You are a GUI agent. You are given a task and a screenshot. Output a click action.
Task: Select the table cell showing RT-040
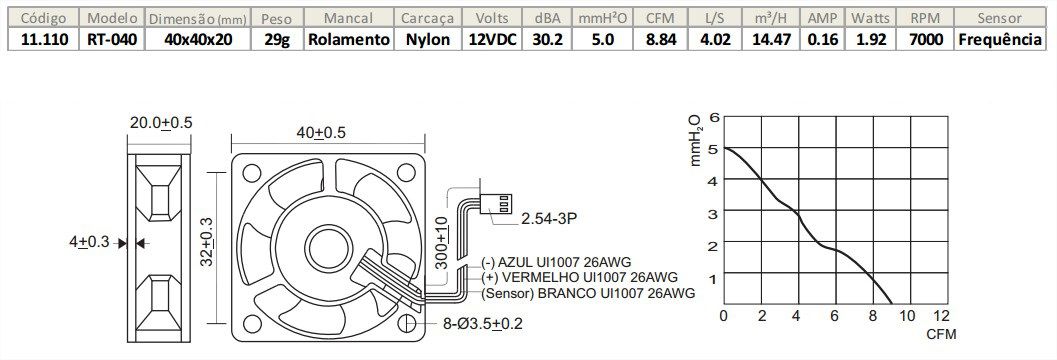(112, 39)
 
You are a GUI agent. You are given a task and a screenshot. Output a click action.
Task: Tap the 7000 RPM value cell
(916, 39)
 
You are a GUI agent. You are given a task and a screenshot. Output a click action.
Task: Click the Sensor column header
(999, 18)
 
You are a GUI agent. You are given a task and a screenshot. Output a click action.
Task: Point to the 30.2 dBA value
(547, 39)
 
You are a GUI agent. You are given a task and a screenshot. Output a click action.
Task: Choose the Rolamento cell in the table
(348, 39)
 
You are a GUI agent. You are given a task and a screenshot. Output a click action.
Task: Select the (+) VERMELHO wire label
(579, 276)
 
